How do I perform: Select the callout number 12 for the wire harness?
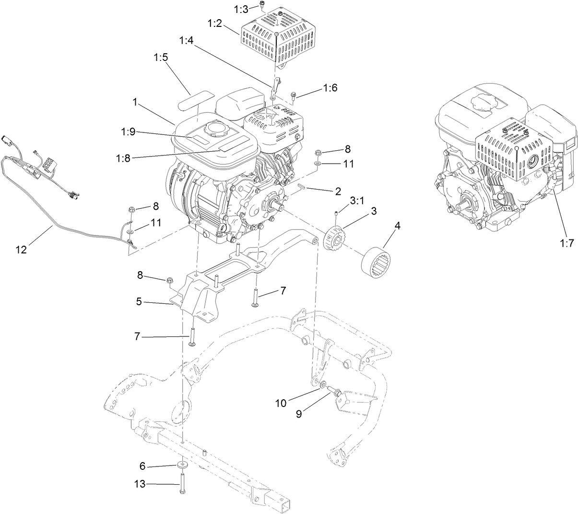(x=21, y=249)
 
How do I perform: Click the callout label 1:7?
(x=566, y=243)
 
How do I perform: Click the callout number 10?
(x=281, y=403)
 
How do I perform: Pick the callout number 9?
(x=299, y=414)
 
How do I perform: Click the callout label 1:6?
(x=330, y=88)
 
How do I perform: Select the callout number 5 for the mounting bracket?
(x=139, y=302)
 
